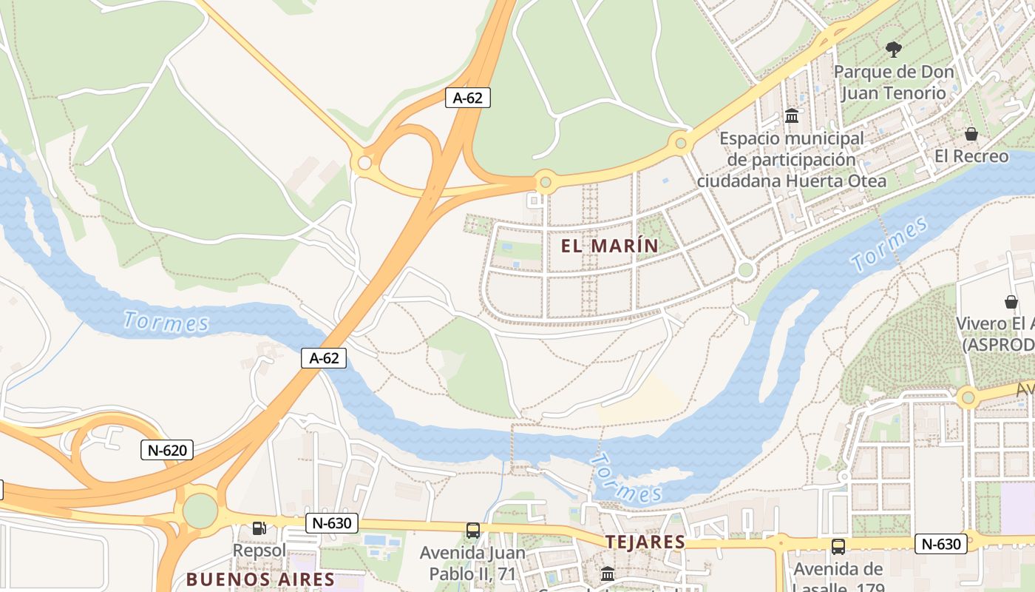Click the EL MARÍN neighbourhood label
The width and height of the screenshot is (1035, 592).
tap(609, 246)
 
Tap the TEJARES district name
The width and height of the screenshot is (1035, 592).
tap(645, 542)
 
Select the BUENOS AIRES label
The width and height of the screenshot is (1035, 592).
tap(260, 579)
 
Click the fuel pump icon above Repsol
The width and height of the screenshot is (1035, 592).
tap(259, 528)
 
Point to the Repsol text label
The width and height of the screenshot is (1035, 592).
tap(259, 551)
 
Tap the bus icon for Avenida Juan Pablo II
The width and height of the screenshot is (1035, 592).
tap(473, 530)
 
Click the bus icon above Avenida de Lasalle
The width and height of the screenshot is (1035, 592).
tap(838, 547)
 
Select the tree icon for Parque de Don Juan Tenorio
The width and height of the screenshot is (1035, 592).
tap(893, 50)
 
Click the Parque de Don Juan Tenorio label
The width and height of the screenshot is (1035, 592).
tap(894, 82)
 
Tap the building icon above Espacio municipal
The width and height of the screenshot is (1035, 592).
tap(792, 116)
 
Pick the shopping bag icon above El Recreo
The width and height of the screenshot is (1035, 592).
tap(971, 134)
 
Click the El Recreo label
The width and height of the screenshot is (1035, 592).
tap(971, 156)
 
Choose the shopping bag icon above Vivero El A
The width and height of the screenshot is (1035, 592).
tap(1011, 301)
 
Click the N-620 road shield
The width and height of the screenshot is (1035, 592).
tap(167, 449)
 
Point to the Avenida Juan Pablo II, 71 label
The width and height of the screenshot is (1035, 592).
tap(473, 562)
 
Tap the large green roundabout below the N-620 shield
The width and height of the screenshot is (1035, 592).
tap(200, 511)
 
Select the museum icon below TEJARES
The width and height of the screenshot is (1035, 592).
tap(607, 573)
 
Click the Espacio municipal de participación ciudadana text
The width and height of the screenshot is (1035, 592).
tap(791, 159)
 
